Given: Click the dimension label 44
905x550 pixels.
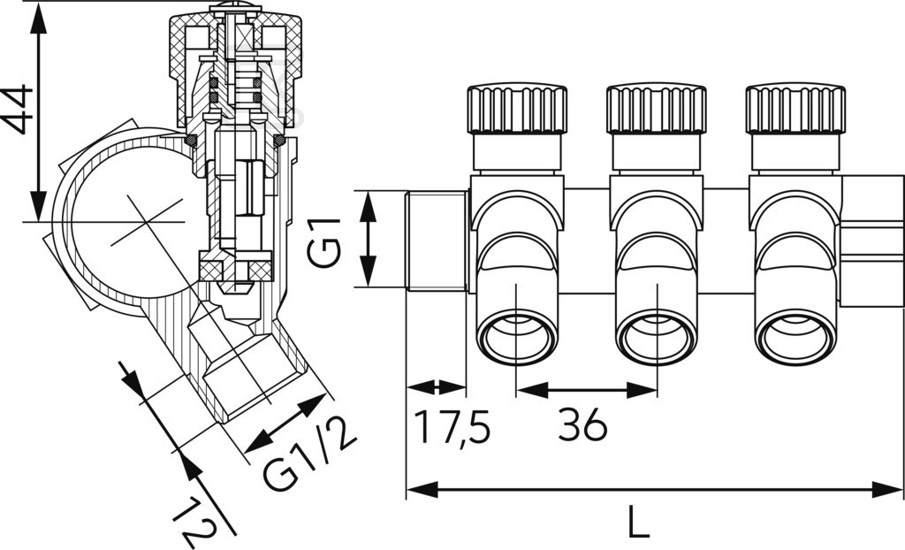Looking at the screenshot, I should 19,109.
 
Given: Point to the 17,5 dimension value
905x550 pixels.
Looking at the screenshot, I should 452,427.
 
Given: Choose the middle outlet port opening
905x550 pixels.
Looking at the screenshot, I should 656,337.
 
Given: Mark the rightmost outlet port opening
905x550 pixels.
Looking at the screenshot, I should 795,337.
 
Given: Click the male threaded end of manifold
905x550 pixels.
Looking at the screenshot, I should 436,240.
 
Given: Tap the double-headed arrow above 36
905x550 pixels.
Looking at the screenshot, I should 587,389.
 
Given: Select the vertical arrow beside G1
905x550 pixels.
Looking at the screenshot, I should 369,239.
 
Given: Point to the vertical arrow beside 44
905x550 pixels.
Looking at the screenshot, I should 38,111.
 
